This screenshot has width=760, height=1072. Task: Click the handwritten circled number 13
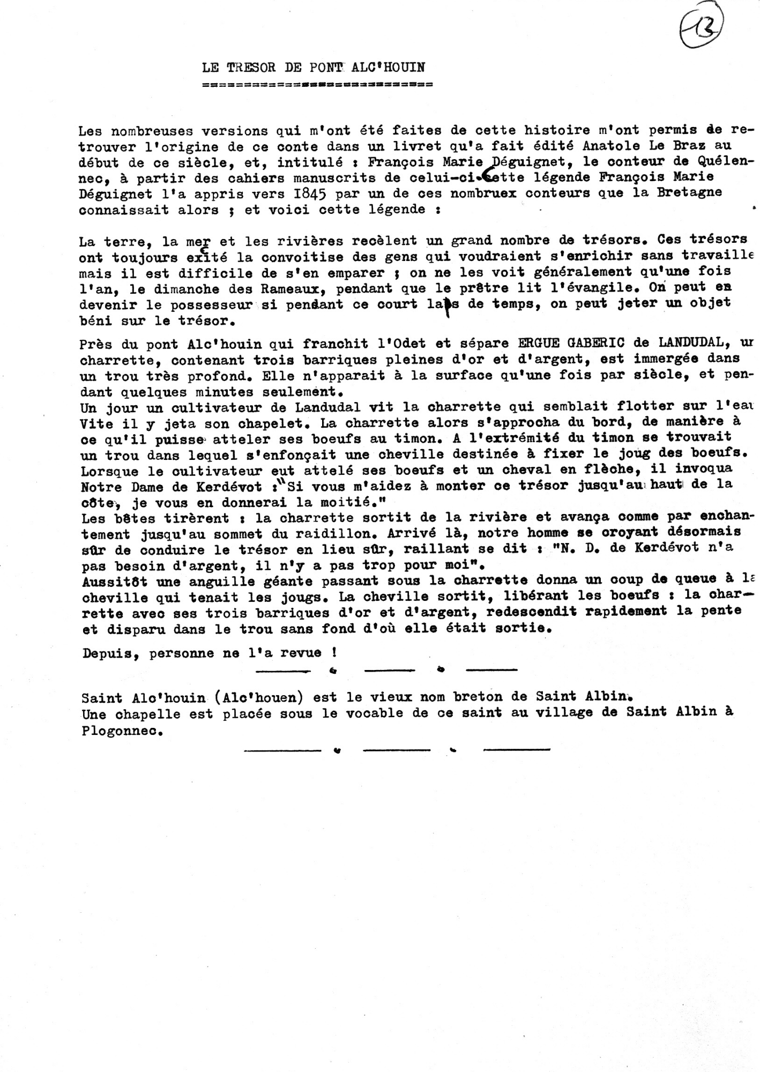[702, 24]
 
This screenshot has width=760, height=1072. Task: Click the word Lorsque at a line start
[112, 472]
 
